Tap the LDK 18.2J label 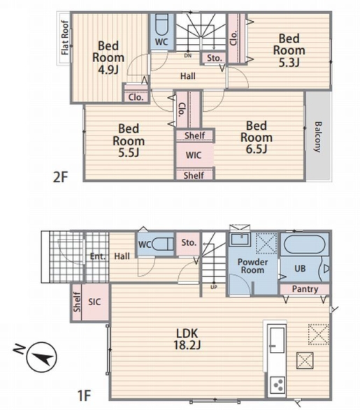(187, 339)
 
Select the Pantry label (305, 289)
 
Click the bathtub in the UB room (305, 244)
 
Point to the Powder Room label (252, 266)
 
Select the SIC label (94, 302)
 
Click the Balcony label (318, 137)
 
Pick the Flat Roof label (65, 38)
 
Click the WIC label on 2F (194, 155)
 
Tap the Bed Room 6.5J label (257, 137)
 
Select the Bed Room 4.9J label (108, 57)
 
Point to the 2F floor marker (61, 177)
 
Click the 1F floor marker (85, 395)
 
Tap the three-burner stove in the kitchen (278, 385)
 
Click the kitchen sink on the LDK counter (277, 340)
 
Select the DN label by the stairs (188, 56)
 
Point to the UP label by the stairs (214, 287)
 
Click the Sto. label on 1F (189, 242)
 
